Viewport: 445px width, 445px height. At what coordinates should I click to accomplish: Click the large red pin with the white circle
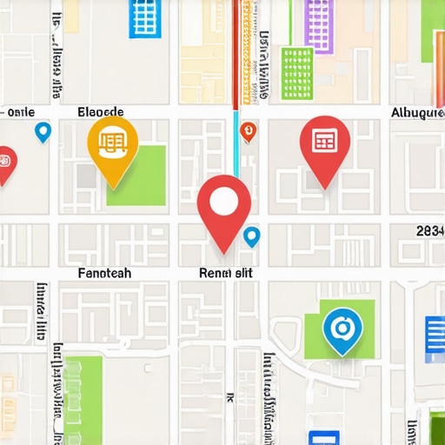(x=223, y=203)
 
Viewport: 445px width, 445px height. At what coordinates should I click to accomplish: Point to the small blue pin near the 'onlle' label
(x=43, y=131)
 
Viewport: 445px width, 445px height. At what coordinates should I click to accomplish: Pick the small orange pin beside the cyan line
(x=248, y=131)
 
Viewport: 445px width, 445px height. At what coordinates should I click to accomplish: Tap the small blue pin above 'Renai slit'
(x=252, y=236)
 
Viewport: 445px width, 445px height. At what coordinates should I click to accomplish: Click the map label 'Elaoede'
(x=101, y=112)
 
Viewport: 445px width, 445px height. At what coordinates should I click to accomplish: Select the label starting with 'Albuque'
(x=417, y=113)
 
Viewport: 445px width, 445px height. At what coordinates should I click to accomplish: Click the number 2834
(x=430, y=231)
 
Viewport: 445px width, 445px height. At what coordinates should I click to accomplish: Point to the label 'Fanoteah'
(x=104, y=273)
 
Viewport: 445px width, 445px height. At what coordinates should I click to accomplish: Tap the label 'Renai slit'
(x=226, y=273)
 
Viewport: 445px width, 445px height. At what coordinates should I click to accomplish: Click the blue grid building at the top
(x=145, y=18)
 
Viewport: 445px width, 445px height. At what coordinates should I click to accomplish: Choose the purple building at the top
(x=319, y=24)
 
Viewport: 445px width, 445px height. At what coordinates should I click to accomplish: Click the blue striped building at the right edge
(x=435, y=339)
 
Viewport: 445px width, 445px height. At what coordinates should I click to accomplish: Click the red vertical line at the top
(x=236, y=52)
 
